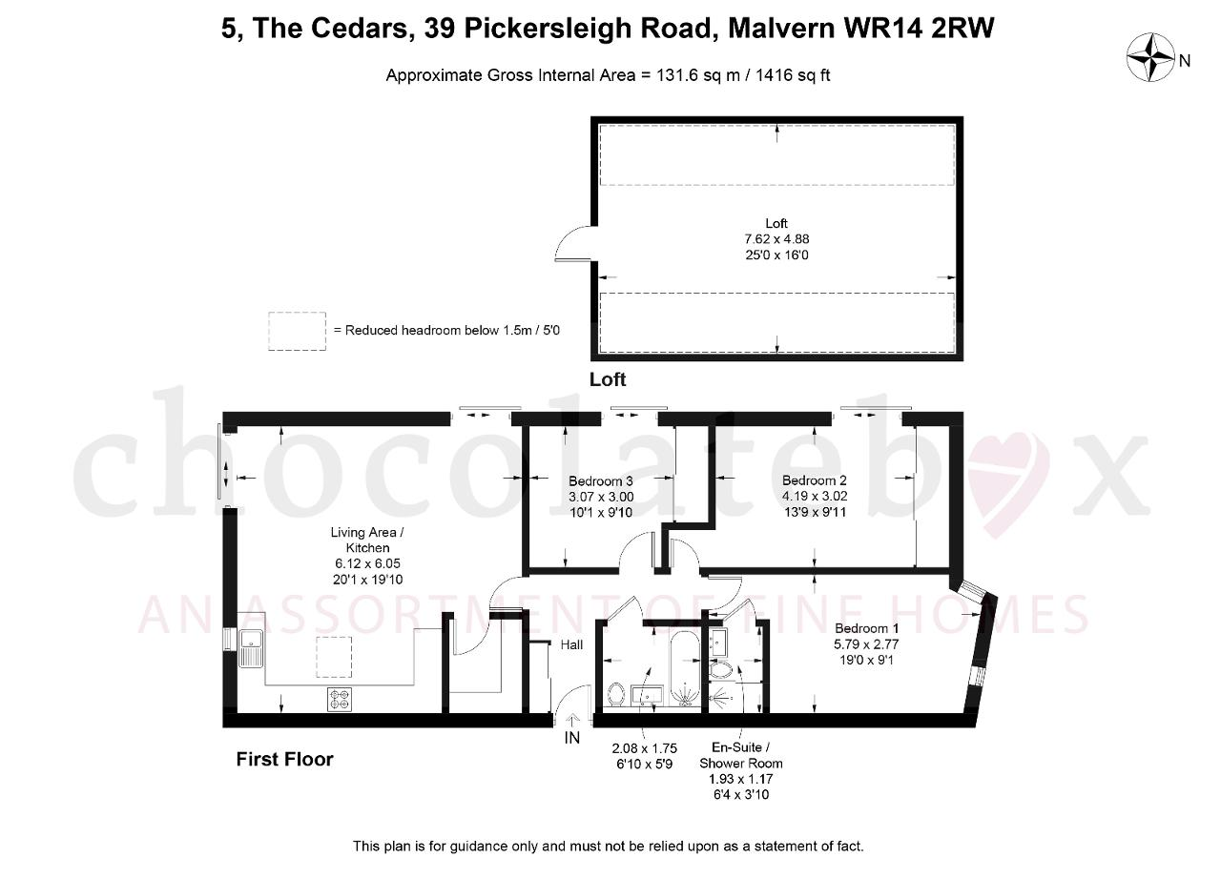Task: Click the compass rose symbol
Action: click(1150, 57)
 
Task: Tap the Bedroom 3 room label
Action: click(601, 480)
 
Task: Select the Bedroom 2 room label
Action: click(815, 480)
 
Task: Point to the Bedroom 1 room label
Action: click(867, 628)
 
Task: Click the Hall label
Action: click(571, 644)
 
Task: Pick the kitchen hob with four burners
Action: click(340, 700)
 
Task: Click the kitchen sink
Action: click(251, 648)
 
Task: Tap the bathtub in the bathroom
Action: click(685, 669)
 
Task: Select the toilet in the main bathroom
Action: click(616, 695)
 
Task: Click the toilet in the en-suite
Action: click(723, 669)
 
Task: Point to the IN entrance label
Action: click(571, 738)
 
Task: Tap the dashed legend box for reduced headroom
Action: click(297, 331)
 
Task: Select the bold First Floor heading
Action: click(284, 759)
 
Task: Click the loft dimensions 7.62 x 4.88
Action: click(776, 238)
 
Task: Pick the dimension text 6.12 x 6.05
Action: click(368, 563)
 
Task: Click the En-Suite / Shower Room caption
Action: click(741, 755)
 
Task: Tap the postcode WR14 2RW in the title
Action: click(919, 29)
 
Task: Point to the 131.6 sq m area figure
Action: click(698, 74)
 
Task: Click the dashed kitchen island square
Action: click(334, 657)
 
